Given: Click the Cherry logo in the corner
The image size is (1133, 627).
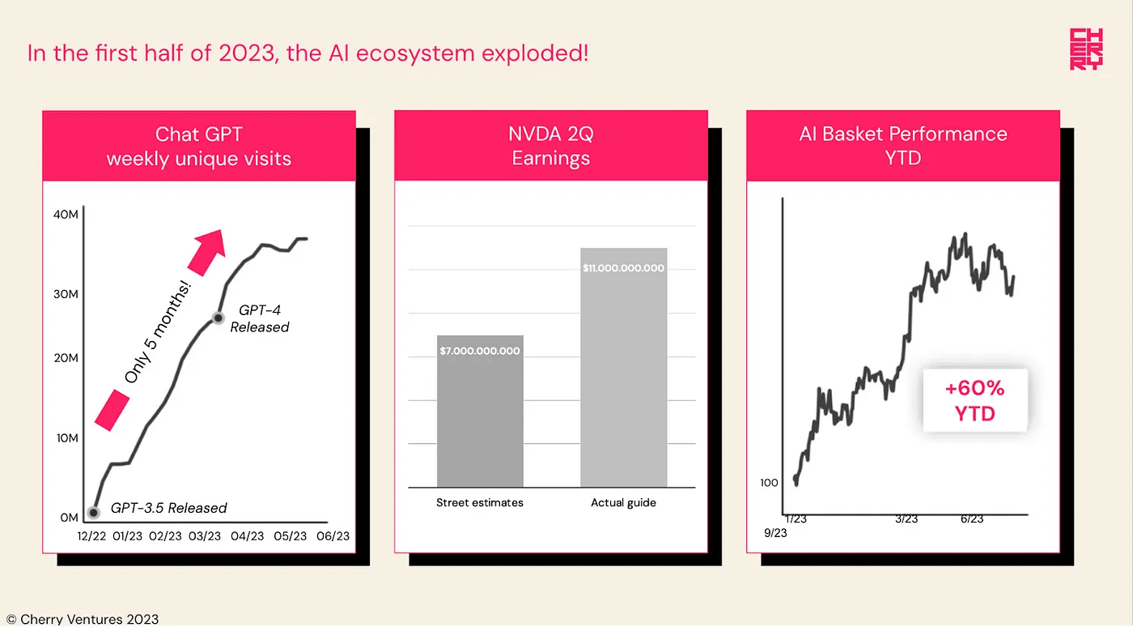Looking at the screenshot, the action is point(1086,49).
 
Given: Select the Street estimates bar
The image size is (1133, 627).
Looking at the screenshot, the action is point(480,411).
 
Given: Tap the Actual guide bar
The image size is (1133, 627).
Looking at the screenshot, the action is point(623,367).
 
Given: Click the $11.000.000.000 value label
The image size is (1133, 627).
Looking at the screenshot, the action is point(623,268).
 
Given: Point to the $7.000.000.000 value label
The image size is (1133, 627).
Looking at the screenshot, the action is point(479,351).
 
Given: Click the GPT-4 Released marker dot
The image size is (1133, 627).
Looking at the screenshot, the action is point(218,318).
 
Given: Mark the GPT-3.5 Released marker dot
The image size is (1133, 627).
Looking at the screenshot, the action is point(94,513).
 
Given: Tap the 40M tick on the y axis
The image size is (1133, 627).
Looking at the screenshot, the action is point(66,214).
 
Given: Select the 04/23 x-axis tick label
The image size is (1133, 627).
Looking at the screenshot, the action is point(248,535).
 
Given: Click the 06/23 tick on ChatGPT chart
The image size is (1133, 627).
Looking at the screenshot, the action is point(333,535).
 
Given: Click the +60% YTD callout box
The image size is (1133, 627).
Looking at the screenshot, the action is point(974,401).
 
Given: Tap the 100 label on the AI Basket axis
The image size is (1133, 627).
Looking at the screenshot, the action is point(769,483).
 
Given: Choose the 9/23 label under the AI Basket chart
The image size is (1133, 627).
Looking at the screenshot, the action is point(775,533).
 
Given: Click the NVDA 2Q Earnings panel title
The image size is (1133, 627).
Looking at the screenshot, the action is point(551,146).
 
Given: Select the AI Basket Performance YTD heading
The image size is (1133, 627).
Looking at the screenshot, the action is point(903,146).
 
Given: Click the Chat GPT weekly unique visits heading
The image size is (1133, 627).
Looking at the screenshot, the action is point(199,147).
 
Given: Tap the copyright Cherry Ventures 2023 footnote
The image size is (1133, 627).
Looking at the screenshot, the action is point(83,619).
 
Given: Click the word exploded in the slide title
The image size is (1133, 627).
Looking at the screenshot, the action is point(535,53).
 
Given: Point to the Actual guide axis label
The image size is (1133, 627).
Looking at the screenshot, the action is point(623,502).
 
